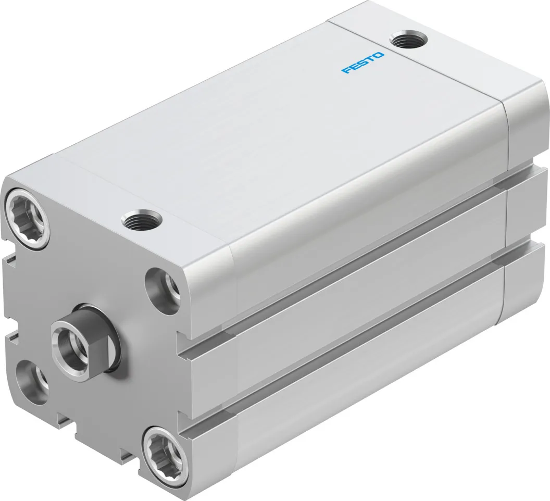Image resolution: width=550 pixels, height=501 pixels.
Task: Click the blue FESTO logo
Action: (x=363, y=62)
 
